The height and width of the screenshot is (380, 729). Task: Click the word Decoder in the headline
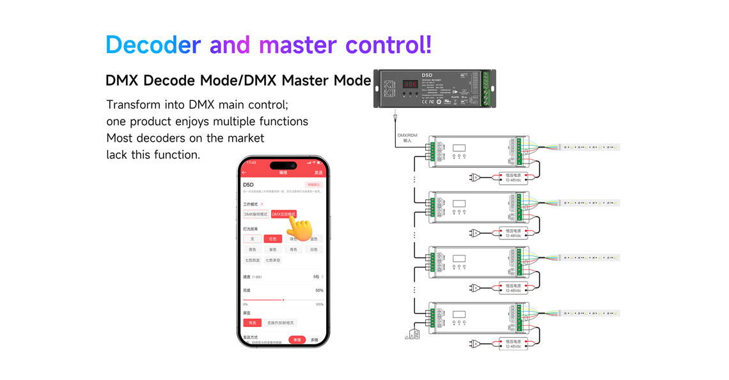153,45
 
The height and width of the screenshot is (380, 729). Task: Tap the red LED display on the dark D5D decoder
410,84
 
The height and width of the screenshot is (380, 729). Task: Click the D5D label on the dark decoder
427,75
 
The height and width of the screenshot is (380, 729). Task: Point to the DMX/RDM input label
407,137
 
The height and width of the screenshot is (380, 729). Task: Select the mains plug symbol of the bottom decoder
475,344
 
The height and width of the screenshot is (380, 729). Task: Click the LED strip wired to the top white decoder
589,148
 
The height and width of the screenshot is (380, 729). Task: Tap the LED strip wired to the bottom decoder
589,314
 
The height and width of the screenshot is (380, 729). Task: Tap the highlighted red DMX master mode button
283,215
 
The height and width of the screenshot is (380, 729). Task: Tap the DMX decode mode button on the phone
256,215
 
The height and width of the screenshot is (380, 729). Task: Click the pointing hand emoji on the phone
298,227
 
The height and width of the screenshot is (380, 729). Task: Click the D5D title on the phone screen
248,185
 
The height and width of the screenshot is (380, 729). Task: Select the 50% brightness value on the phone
319,291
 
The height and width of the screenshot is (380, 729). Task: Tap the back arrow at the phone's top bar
244,172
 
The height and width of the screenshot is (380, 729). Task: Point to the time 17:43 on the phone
251,162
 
